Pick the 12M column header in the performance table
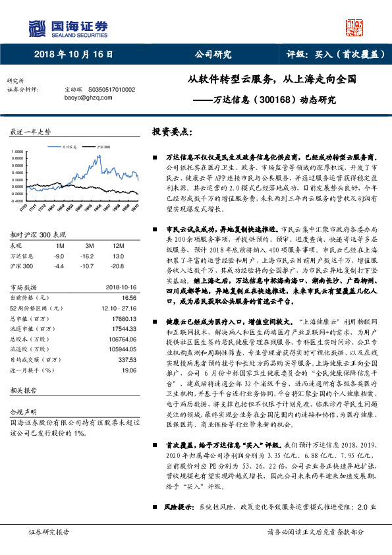click(119, 247)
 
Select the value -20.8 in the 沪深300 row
click(119, 265)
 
